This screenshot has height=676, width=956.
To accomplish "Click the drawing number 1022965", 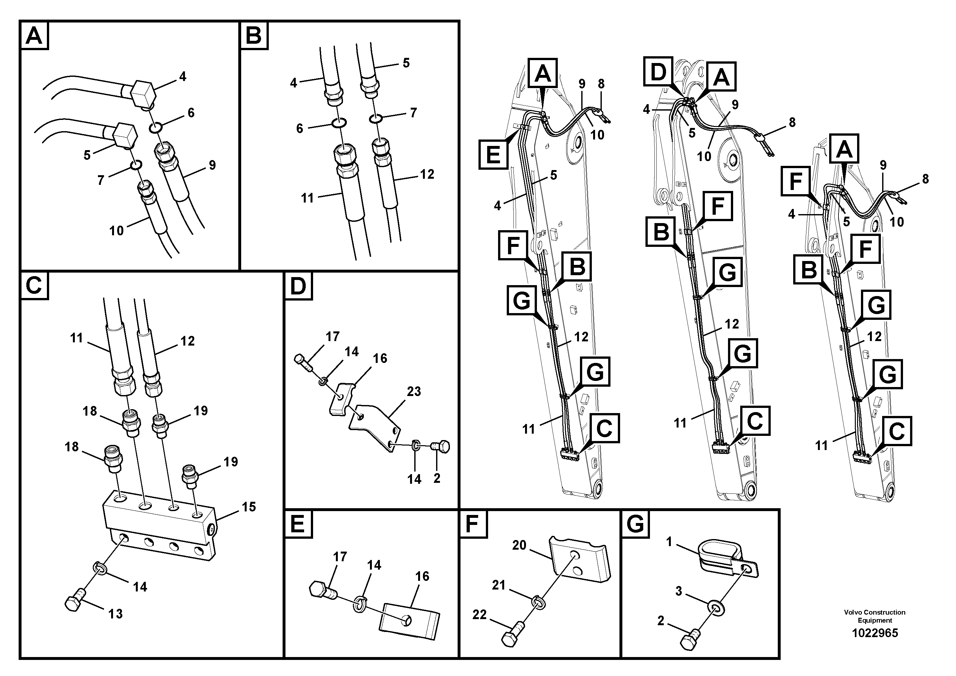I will coord(874,633).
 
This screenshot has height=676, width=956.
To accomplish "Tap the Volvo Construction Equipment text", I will coord(874,616).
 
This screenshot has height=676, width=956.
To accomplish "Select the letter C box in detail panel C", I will coord(34,286).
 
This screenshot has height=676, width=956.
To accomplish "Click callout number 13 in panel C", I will coord(115,614).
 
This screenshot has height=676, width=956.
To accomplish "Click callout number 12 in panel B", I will coord(427,174).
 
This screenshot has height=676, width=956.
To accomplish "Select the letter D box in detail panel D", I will coord(298,286).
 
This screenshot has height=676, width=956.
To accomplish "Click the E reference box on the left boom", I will coord(493,154).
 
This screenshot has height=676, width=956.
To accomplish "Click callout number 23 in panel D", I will coord(414,391).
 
